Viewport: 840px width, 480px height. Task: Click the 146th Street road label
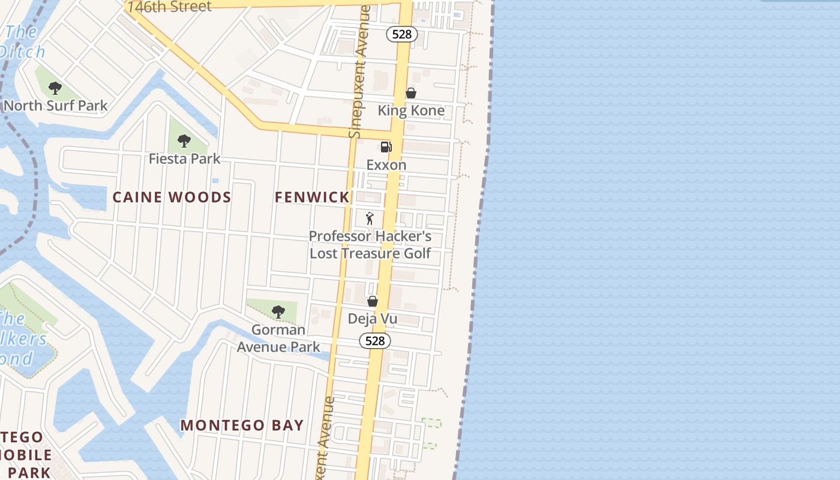pos(170,7)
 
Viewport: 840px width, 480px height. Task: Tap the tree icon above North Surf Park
pos(55,89)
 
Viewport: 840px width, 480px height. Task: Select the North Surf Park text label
pos(56,106)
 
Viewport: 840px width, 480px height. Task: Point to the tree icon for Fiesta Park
pos(184,142)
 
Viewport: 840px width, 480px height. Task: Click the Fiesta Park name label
pos(185,159)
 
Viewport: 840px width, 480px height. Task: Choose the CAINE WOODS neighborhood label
pos(172,197)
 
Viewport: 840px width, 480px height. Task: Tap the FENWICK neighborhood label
pos(312,197)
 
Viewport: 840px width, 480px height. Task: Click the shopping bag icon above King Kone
pos(411,93)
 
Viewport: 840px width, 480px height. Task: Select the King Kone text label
pos(411,110)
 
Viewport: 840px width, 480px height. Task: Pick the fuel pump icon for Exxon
pos(386,147)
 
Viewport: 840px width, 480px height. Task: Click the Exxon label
pos(386,164)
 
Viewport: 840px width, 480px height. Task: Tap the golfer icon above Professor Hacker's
pos(370,218)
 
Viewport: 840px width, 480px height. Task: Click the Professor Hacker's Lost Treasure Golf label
pos(370,245)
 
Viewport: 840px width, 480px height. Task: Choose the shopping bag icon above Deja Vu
pos(373,301)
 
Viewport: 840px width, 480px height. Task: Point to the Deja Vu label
pos(373,319)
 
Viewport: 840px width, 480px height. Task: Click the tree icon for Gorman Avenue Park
pos(278,312)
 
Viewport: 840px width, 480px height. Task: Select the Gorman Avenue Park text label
pos(278,338)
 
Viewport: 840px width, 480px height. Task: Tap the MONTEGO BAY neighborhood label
pos(242,425)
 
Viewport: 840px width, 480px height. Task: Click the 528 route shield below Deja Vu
pos(375,341)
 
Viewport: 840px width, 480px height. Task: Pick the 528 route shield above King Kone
pos(401,34)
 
